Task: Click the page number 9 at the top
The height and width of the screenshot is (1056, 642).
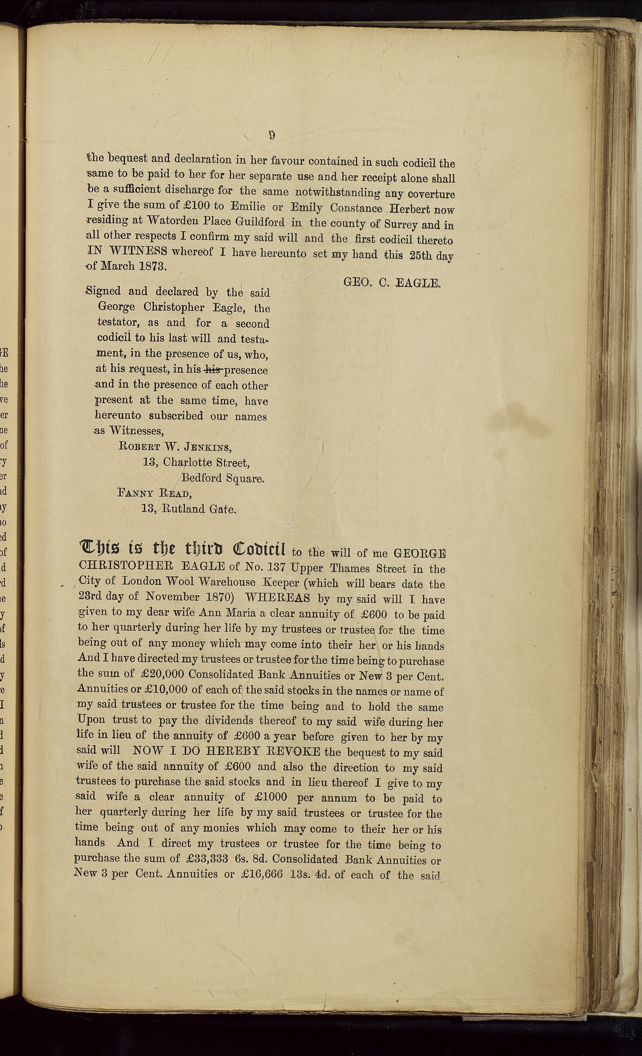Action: click(x=272, y=135)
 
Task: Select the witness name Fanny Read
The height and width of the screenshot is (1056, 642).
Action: click(x=154, y=493)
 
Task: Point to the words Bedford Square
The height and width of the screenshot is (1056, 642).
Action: click(x=222, y=478)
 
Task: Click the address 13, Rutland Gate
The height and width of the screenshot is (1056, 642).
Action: click(x=189, y=509)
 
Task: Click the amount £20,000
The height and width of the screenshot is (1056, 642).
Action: click(x=162, y=674)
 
